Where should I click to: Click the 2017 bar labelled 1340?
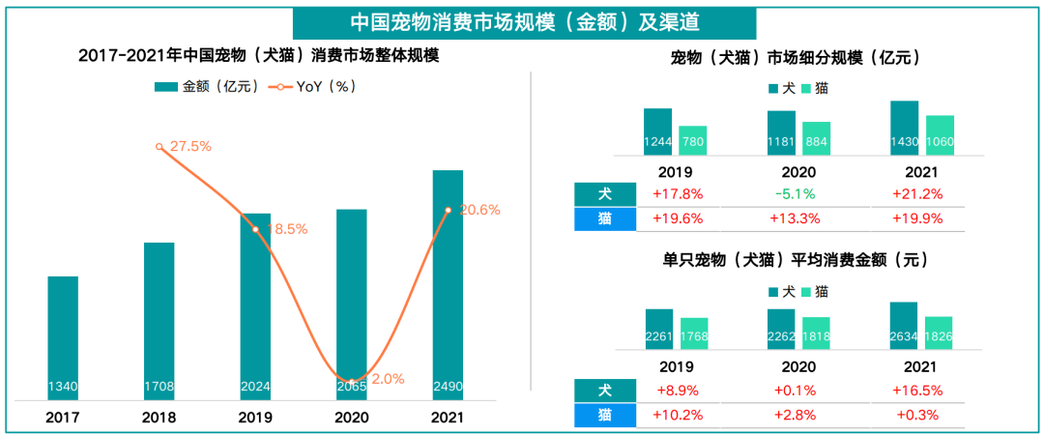click(63, 338)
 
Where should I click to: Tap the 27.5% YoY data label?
click(190, 146)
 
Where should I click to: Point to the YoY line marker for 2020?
click(352, 379)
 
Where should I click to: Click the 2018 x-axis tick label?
click(159, 419)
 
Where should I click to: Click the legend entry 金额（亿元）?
click(207, 87)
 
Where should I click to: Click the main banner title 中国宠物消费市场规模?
click(525, 21)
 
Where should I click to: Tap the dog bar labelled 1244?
click(657, 132)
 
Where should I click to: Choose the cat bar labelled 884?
click(816, 139)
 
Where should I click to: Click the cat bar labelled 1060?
click(940, 136)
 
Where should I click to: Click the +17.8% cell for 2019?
click(678, 193)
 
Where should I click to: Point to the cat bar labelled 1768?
click(694, 333)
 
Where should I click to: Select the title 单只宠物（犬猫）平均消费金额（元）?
click(796, 260)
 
